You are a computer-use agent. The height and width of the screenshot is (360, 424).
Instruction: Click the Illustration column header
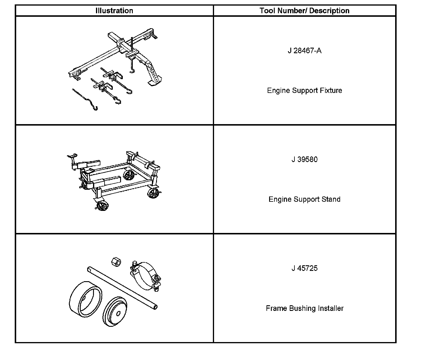(x=114, y=11)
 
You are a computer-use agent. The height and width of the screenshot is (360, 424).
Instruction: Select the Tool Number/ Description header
(x=304, y=11)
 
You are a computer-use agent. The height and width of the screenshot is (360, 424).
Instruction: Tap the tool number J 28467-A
(x=304, y=51)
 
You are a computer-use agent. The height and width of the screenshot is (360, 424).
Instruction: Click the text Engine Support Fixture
(x=304, y=90)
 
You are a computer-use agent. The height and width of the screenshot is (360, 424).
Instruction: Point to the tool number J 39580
(x=304, y=159)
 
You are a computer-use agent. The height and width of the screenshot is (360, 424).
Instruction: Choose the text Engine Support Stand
(x=304, y=199)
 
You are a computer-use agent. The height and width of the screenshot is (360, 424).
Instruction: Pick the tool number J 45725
(x=304, y=268)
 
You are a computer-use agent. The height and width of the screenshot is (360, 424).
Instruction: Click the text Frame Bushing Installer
(x=304, y=308)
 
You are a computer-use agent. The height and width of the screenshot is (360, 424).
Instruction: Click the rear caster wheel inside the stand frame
(x=128, y=175)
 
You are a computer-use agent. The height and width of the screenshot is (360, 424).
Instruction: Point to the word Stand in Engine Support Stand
(x=331, y=199)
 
